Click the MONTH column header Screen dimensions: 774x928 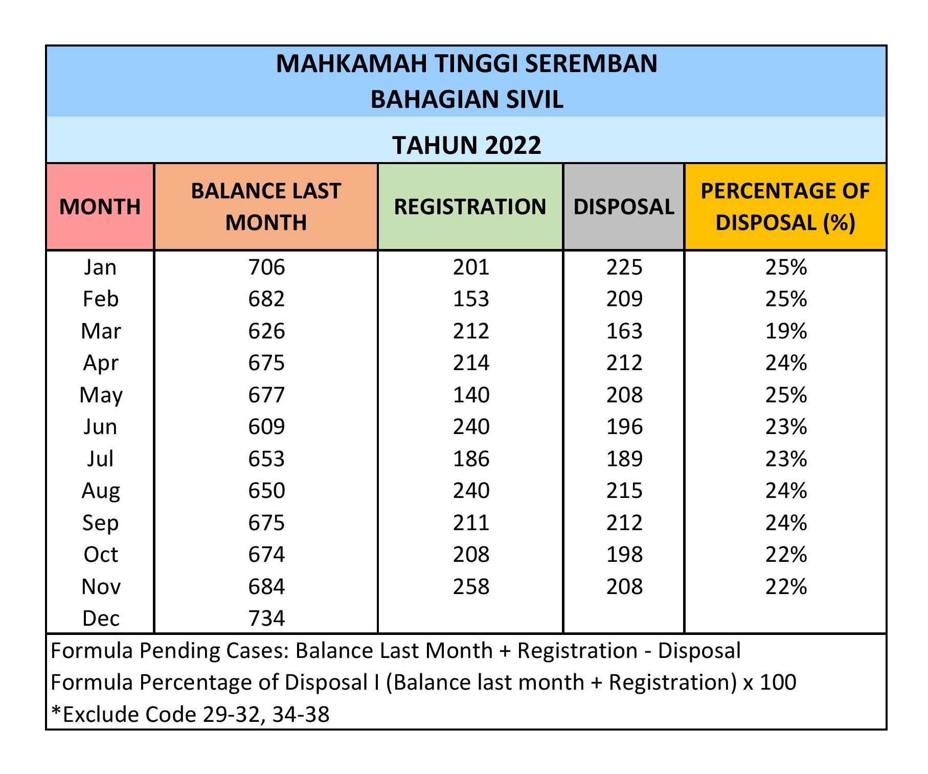[100, 207]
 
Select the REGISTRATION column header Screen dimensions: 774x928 [470, 207]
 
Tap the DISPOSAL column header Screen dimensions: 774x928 [624, 207]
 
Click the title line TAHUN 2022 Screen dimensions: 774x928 [466, 145]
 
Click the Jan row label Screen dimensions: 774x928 [100, 267]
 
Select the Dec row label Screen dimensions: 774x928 [101, 619]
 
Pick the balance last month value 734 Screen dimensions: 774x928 [266, 619]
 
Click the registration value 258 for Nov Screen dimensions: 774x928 [471, 586]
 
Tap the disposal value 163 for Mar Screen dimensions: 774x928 [624, 331]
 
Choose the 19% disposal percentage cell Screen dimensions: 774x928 [786, 331]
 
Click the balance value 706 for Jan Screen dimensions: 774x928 [266, 267]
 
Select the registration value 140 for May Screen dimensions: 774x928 [471, 395]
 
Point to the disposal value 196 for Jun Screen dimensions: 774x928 [624, 427]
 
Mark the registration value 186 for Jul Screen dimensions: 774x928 [471, 459]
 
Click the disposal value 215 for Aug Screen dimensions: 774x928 [624, 491]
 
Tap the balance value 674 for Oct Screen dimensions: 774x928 [266, 555]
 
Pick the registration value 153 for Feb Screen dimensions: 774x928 [471, 299]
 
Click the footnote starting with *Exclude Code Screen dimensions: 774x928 [190, 714]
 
